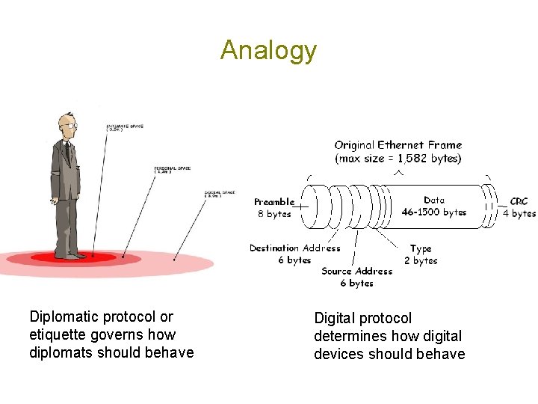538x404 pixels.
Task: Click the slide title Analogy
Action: pos(268,51)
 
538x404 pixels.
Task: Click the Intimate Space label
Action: pos(125,127)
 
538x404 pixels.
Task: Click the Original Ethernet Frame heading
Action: pos(398,145)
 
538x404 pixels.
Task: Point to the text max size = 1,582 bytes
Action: pos(398,159)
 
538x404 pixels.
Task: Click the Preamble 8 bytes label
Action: pos(274,207)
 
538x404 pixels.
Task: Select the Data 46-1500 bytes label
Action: pos(433,206)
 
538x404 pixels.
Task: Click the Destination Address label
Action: pos(295,254)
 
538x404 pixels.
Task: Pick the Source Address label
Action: pos(356,277)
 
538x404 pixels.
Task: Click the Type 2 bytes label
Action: pos(423,254)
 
